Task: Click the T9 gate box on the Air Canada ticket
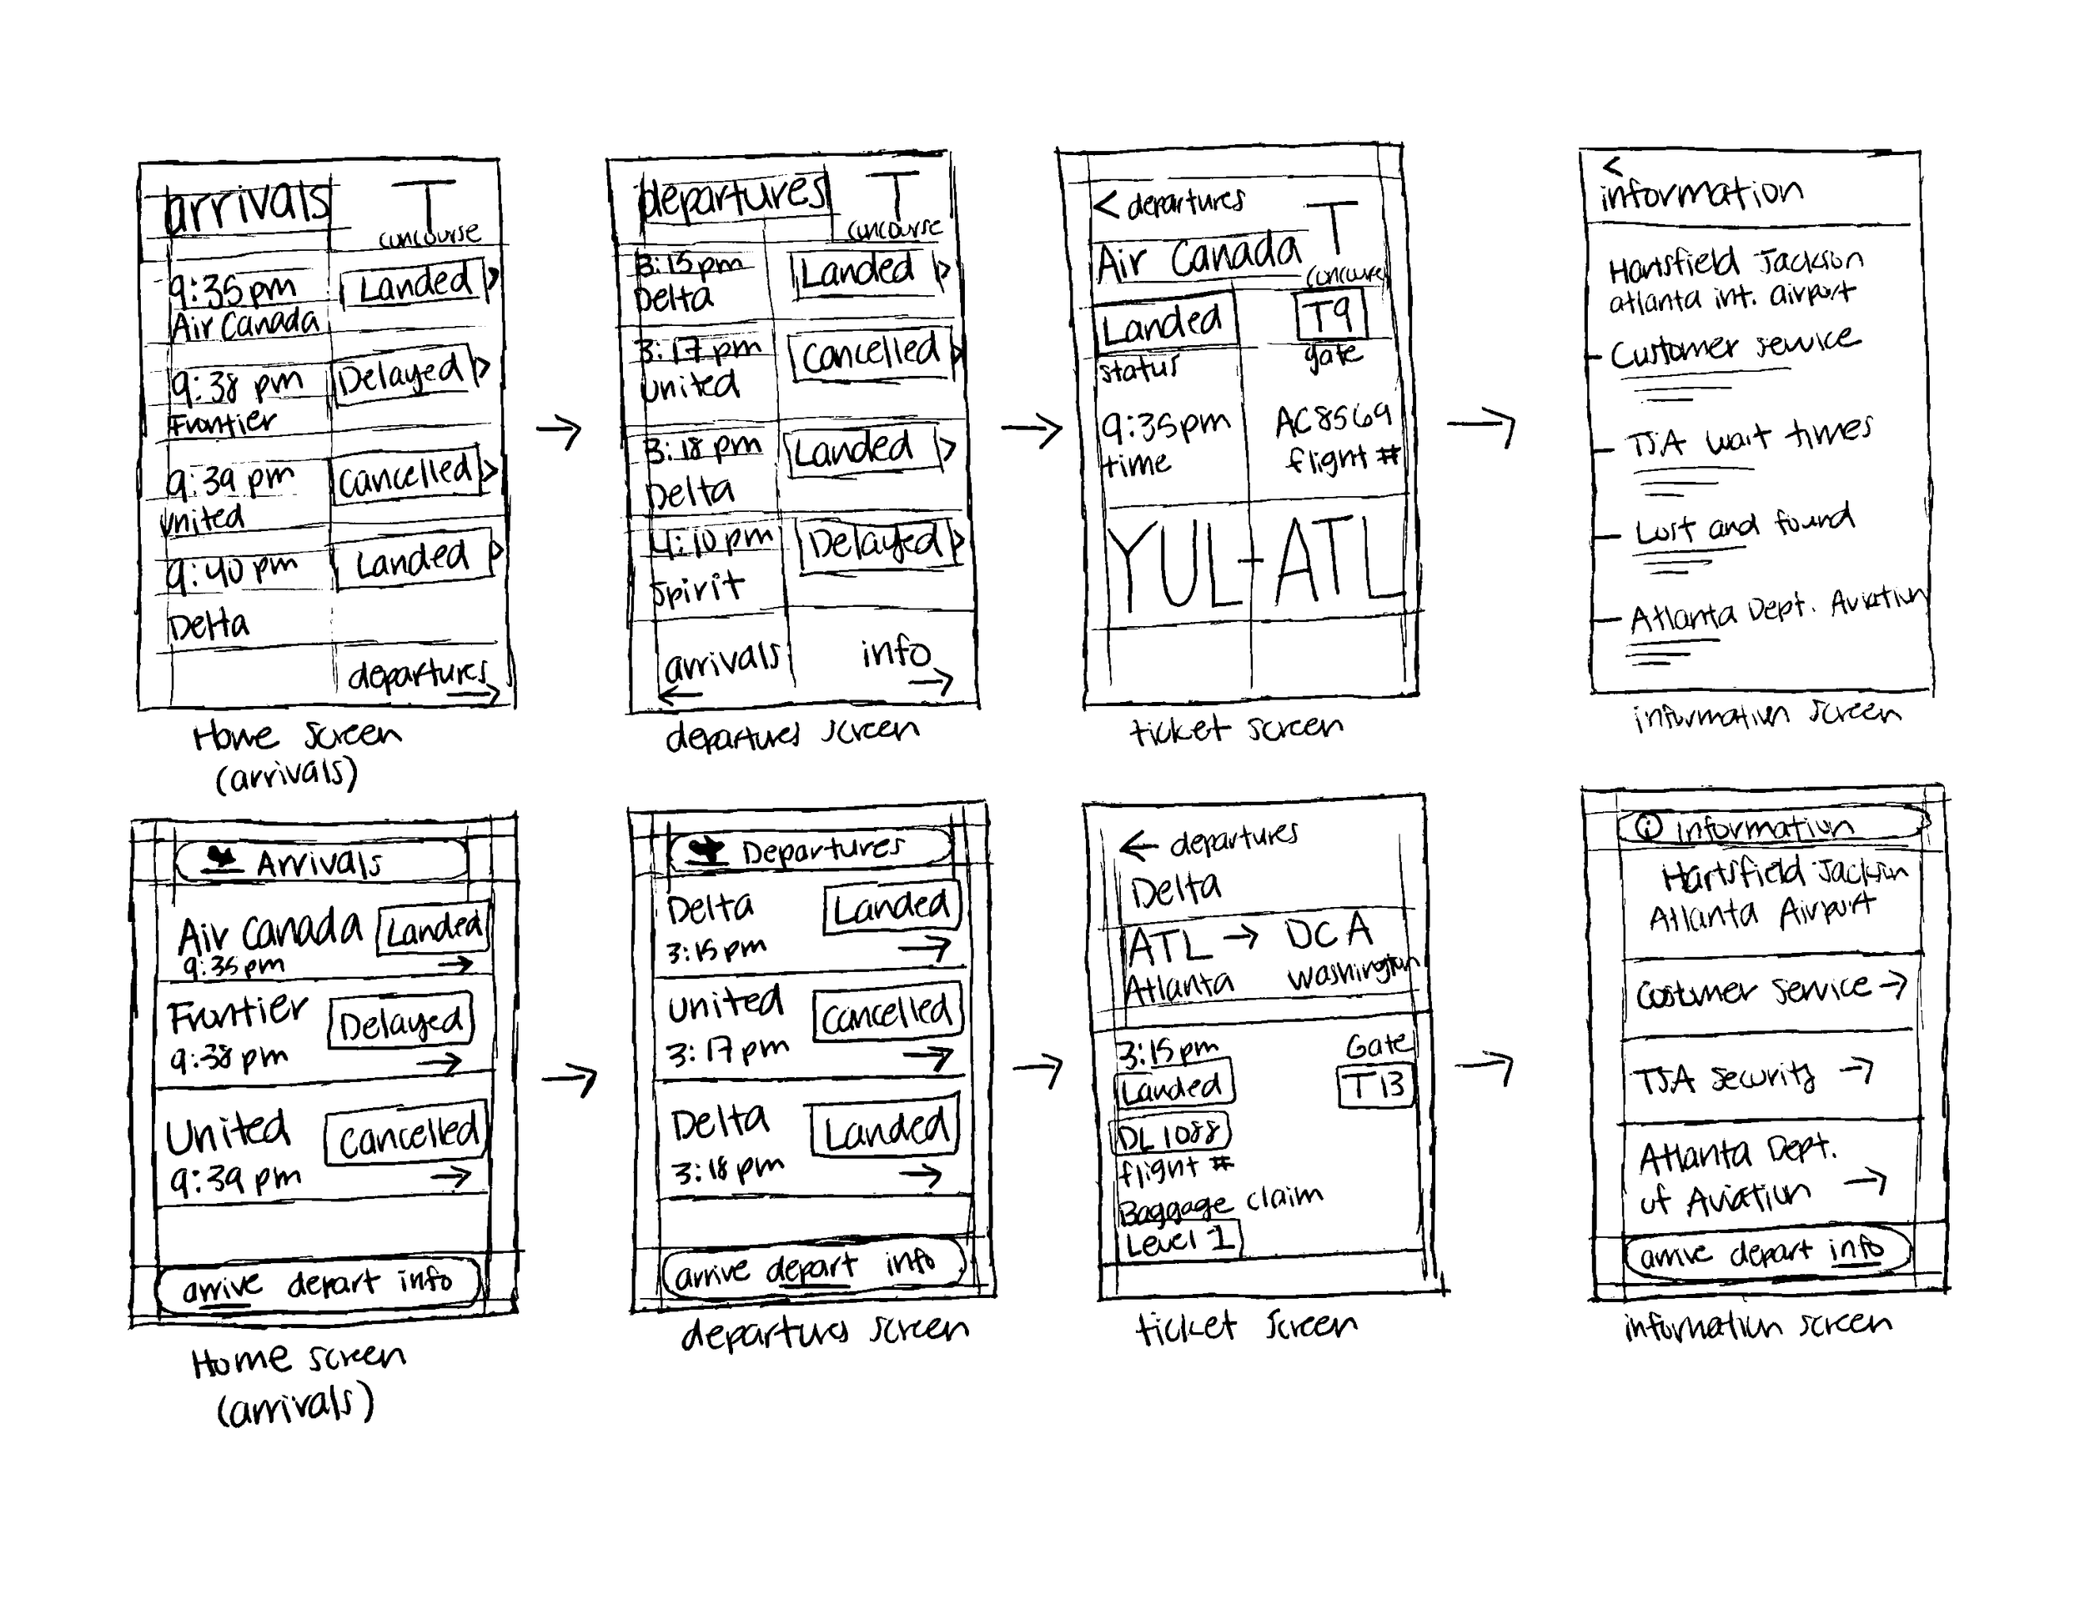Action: (x=1332, y=315)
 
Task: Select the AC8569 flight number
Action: (x=1334, y=420)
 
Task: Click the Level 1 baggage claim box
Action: (x=1179, y=1241)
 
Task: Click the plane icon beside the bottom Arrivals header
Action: (x=224, y=859)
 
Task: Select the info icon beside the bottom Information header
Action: (x=1649, y=827)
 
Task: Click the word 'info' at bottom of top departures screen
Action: (x=895, y=653)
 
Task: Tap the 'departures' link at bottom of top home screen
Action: (x=418, y=674)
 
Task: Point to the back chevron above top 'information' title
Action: (x=1611, y=166)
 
